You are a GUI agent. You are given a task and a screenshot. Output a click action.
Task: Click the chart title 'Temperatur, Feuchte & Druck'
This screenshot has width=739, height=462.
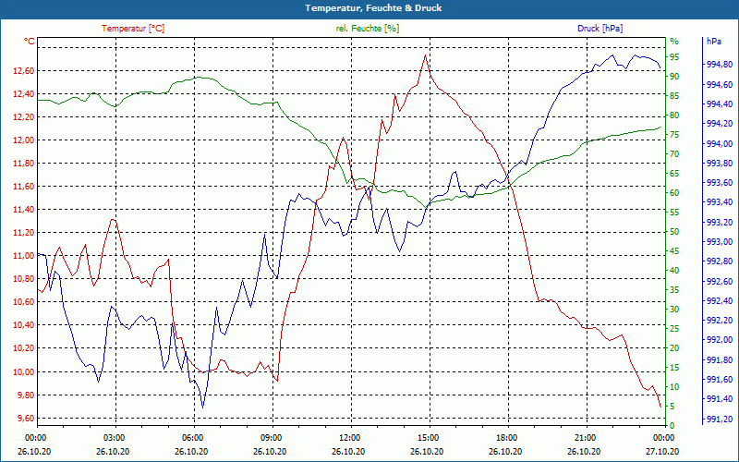coord(369,7)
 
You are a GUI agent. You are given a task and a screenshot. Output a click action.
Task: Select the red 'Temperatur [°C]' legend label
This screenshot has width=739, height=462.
coord(133,29)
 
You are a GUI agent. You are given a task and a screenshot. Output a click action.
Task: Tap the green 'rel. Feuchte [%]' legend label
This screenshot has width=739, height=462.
coord(368,29)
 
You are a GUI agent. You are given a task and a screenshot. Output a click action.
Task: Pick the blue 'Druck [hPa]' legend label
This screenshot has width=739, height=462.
coord(600,29)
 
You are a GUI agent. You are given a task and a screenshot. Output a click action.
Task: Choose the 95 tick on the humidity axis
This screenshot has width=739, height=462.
coord(674,56)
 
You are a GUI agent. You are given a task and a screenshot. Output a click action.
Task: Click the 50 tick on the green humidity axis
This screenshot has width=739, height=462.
coord(674,232)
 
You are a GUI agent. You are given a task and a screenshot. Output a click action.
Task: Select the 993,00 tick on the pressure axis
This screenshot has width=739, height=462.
coord(720,242)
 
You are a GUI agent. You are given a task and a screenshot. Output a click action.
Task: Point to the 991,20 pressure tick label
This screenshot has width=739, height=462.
coord(720,419)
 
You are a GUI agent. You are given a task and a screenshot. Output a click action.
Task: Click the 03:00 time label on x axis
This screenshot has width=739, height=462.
coord(115,436)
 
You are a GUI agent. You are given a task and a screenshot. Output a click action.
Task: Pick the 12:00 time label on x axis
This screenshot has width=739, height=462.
coord(350,436)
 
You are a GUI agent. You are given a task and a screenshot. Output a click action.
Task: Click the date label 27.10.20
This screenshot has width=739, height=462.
coord(661,452)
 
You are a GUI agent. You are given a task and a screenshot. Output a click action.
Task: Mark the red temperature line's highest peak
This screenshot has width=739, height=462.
coord(425,55)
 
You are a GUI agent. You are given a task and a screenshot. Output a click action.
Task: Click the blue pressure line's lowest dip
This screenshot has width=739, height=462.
coord(202,407)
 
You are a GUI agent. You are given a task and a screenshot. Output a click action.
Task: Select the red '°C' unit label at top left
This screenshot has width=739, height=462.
coord(30,42)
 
